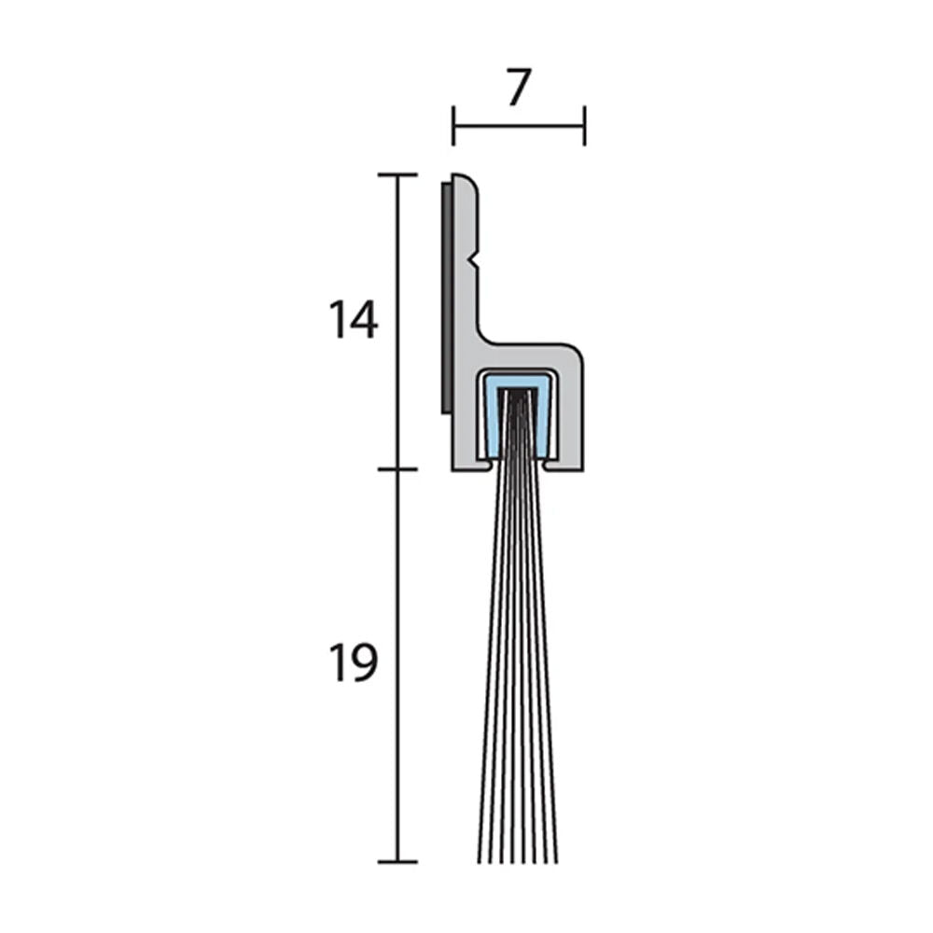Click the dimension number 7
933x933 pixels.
coord(519,88)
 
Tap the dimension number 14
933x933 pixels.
coord(353,321)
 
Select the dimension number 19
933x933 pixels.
coord(353,663)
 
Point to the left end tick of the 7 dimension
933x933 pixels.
coord(453,125)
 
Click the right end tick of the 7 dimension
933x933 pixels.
coord(584,125)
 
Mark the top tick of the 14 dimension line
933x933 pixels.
coord(397,174)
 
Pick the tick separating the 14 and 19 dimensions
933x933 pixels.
coord(397,469)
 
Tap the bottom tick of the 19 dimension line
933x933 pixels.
coord(397,861)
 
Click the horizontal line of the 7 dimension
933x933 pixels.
coord(519,125)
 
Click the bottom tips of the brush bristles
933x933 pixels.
coord(517,856)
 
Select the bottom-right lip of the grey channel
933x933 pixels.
coord(564,463)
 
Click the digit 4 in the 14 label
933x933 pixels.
coord(365,321)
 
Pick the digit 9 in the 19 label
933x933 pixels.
coord(365,663)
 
